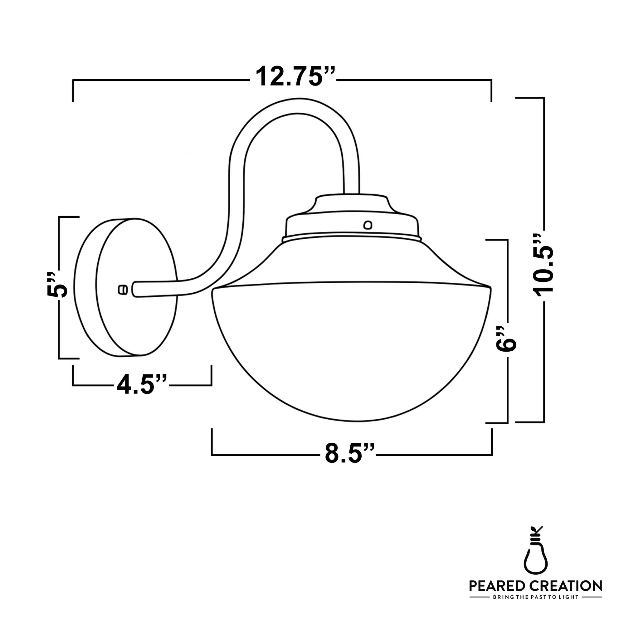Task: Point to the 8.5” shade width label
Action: pyautogui.click(x=349, y=454)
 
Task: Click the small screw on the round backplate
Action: pyautogui.click(x=123, y=290)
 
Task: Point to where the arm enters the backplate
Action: pyautogui.click(x=136, y=290)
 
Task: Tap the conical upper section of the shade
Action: pyautogui.click(x=351, y=262)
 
